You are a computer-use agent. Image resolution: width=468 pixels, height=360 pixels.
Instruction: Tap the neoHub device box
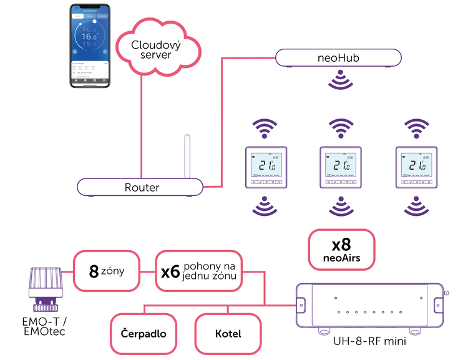click(x=338, y=58)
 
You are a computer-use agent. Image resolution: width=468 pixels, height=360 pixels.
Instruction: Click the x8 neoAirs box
click(x=342, y=250)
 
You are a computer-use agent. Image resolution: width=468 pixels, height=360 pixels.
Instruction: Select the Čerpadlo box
click(x=144, y=333)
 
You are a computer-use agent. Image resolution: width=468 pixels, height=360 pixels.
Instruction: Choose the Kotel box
click(x=228, y=333)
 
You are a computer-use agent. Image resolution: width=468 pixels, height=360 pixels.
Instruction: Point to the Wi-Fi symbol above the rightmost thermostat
click(x=417, y=129)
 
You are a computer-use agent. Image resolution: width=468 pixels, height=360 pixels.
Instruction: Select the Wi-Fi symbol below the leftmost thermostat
click(x=265, y=207)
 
